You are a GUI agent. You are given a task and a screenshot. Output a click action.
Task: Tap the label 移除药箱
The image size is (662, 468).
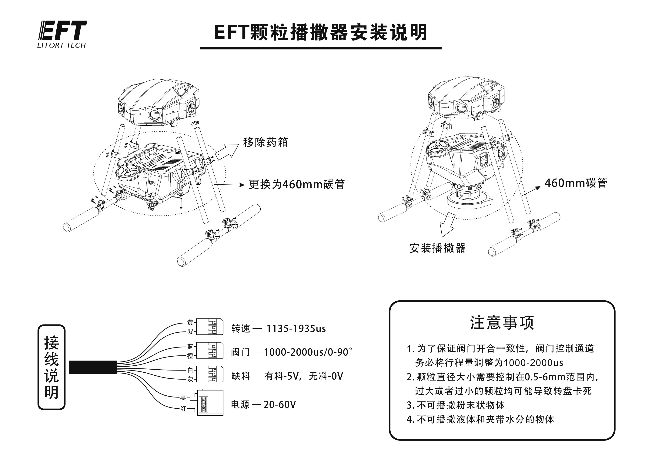pyautogui.click(x=265, y=142)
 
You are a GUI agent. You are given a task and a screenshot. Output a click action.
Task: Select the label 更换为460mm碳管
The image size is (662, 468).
pyautogui.click(x=297, y=184)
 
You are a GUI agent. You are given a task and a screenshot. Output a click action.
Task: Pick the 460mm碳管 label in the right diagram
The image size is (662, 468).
pyautogui.click(x=576, y=183)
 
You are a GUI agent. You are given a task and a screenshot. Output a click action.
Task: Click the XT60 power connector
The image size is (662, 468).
pyautogui.click(x=210, y=403)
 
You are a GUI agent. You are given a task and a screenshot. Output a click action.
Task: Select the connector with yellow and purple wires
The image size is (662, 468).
pyautogui.click(x=210, y=327)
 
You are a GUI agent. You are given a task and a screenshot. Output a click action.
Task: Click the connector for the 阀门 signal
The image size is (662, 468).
pyautogui.click(x=210, y=350)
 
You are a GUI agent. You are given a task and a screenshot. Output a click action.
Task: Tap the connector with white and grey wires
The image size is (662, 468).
pyautogui.click(x=210, y=374)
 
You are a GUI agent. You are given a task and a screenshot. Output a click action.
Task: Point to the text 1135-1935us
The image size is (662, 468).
pyautogui.click(x=296, y=328)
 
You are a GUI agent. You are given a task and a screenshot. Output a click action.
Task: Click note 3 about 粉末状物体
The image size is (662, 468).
pyautogui.click(x=456, y=405)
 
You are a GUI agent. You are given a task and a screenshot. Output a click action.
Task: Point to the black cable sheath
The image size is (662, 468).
pyautogui.click(x=93, y=367)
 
